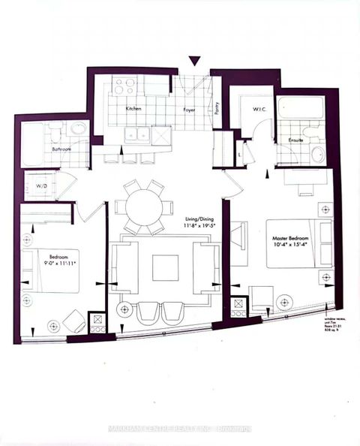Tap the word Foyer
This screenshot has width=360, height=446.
(190, 109)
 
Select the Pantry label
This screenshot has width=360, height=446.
(217, 109)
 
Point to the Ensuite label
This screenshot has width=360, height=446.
(295, 140)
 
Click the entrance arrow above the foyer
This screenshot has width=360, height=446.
(194, 62)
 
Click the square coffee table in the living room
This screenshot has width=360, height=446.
(165, 267)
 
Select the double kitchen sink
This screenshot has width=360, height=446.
(137, 134)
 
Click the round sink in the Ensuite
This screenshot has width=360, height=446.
(318, 155)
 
